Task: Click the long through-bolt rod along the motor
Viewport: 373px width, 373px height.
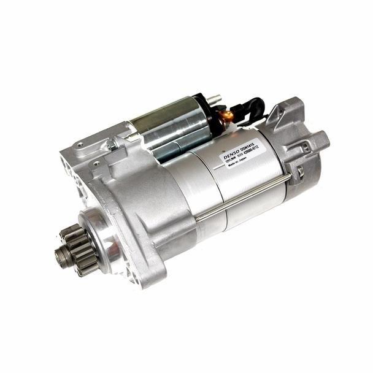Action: click(245, 196)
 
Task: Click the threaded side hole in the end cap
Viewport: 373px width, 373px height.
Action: click(305, 147)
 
